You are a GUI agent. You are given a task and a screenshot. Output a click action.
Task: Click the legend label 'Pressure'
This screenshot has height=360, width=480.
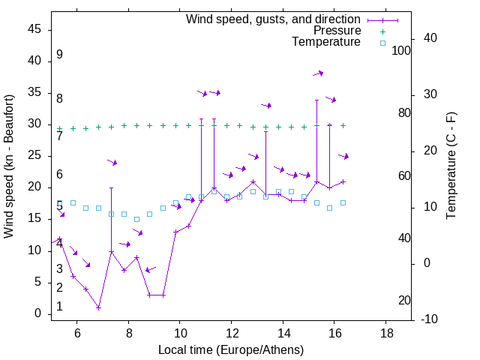coord(337,31)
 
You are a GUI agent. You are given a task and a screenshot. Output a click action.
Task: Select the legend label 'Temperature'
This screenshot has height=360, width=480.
coord(326,42)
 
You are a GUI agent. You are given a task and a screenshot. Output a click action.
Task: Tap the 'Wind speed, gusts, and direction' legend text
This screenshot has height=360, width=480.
coord(274,19)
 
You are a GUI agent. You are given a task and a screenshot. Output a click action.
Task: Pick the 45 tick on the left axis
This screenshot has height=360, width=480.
coord(36,29)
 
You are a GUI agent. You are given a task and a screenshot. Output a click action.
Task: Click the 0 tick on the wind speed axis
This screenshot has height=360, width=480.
coord(40,313)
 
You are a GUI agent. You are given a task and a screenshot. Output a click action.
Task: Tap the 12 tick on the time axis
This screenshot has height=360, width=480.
coord(232,332)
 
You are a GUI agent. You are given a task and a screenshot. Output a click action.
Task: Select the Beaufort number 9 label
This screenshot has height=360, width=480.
coord(59,55)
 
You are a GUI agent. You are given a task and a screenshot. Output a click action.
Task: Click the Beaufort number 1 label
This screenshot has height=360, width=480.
coord(59,307)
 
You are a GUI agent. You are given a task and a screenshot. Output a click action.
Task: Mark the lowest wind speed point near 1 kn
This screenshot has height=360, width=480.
coord(98,307)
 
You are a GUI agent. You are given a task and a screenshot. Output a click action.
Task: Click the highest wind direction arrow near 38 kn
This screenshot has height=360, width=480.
coord(319,73)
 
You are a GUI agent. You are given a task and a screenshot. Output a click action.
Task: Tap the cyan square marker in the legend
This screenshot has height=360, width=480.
coord(382,43)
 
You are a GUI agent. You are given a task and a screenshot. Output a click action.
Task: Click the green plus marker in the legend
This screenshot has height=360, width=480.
coord(382,31)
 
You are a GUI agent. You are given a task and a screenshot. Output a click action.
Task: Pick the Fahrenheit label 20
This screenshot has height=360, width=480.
coord(404,301)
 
